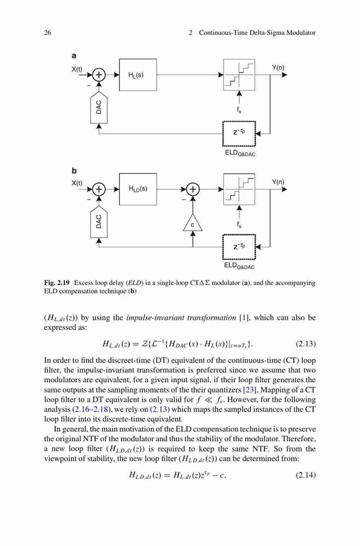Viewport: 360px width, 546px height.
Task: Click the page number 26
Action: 48,33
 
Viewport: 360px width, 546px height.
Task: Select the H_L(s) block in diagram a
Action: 138,74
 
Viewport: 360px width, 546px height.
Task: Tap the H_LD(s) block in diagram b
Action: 138,189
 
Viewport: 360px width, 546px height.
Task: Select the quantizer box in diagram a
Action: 239,74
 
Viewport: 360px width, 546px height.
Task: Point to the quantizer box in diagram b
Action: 239,189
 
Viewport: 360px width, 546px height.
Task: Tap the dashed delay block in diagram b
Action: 239,247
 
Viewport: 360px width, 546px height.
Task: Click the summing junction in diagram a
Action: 99,74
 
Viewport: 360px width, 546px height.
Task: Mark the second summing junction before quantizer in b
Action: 193,189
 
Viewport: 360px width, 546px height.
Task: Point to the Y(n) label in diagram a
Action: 278,68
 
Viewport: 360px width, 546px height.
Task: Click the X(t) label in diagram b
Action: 77,183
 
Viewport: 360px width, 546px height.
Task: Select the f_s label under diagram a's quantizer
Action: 239,110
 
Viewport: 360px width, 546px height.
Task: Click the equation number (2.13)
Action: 305,344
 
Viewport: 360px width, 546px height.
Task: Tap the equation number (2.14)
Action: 305,474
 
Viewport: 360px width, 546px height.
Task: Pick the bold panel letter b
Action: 74,170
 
